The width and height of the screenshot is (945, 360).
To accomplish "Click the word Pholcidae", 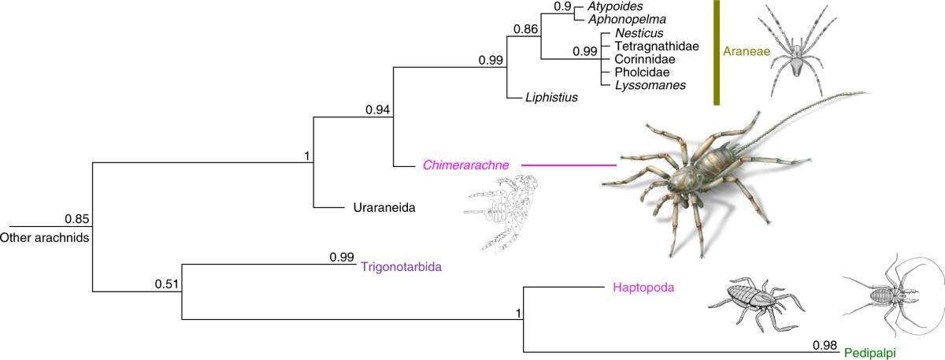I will pyautogui.click(x=636, y=72).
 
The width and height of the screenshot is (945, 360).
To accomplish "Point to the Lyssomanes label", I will pyautogui.click(x=641, y=84).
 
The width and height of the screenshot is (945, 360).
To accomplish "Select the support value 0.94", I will pyautogui.click(x=379, y=110).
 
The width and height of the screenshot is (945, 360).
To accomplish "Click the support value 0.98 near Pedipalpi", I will pyautogui.click(x=826, y=343).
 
